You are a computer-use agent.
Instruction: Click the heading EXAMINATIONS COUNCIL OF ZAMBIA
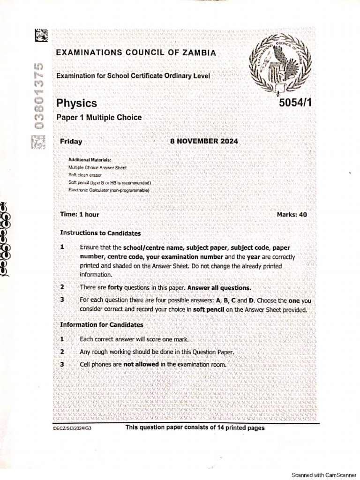136,53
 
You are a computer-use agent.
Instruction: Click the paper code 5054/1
294,104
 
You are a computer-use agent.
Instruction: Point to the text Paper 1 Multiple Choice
99,118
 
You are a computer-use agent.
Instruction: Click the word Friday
71,141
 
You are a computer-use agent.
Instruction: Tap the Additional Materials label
90,160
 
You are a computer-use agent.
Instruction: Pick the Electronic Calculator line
109,190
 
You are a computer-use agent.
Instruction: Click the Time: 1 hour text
80,214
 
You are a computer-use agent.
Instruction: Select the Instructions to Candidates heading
100,233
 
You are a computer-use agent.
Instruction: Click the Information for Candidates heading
102,324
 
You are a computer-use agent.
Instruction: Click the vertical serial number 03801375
41,94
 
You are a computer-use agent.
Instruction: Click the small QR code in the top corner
41,35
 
